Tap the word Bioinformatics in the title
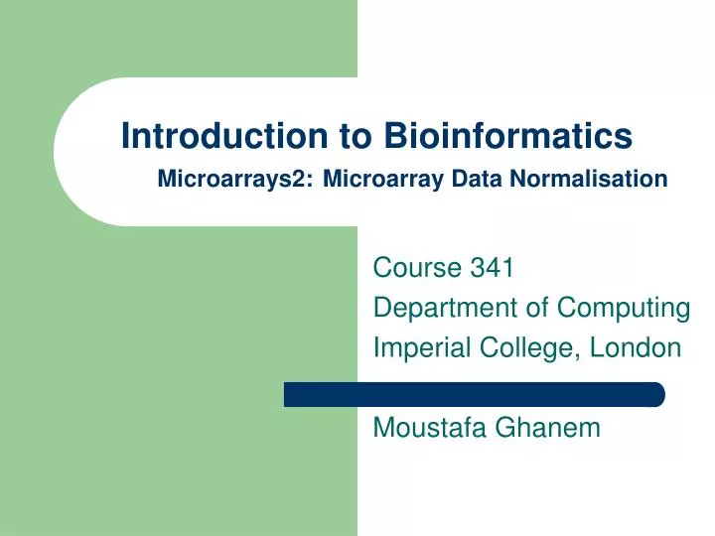tap(508, 135)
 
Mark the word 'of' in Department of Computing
tap(537, 309)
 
